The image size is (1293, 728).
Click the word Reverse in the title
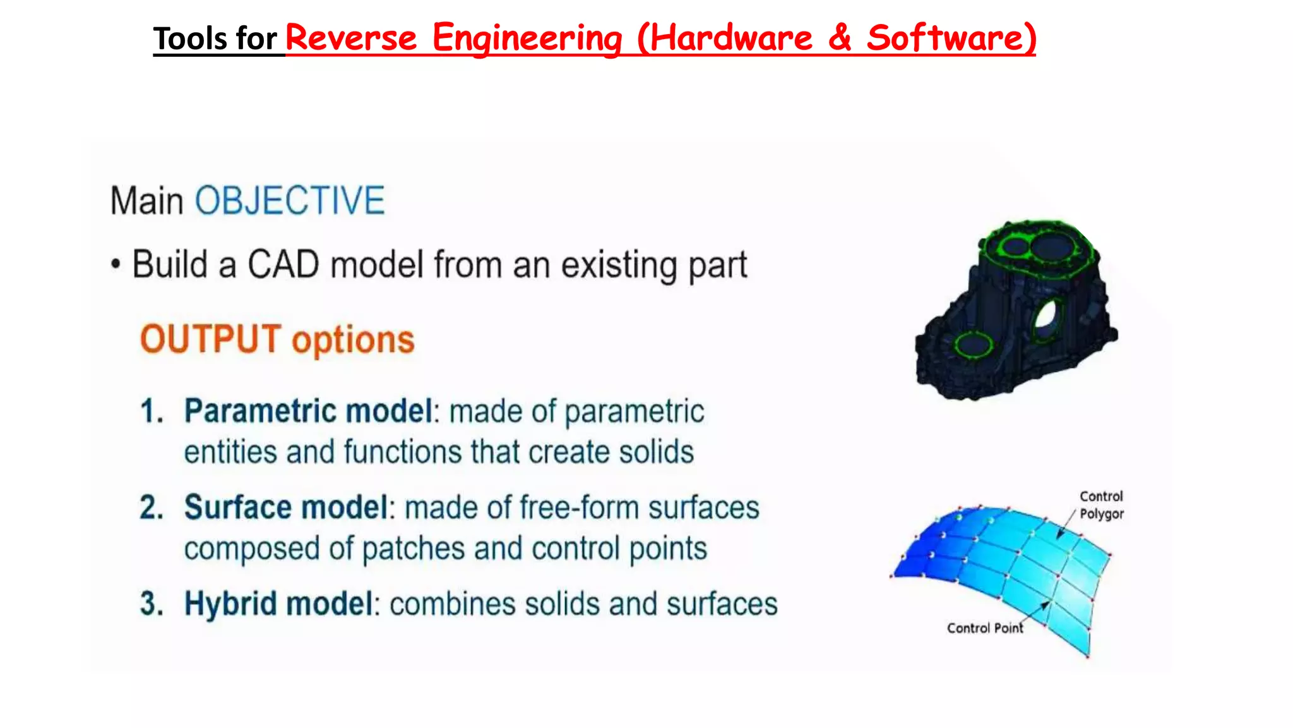tap(351, 38)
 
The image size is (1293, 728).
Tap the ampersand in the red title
tap(839, 38)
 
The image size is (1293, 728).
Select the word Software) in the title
tap(951, 38)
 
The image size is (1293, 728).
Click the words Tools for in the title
tap(215, 39)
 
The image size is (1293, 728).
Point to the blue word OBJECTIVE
tap(290, 201)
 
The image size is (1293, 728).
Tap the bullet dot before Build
tap(115, 264)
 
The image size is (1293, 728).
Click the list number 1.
tap(152, 411)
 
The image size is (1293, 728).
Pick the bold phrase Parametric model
tap(309, 411)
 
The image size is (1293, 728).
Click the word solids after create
tap(656, 452)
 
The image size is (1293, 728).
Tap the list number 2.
tap(152, 508)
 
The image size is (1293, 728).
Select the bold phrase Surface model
tap(286, 508)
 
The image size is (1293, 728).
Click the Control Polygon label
tap(1101, 505)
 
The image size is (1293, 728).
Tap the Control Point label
tap(984, 628)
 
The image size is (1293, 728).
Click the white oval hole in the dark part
tap(1046, 314)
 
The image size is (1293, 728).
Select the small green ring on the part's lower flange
tap(973, 345)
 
